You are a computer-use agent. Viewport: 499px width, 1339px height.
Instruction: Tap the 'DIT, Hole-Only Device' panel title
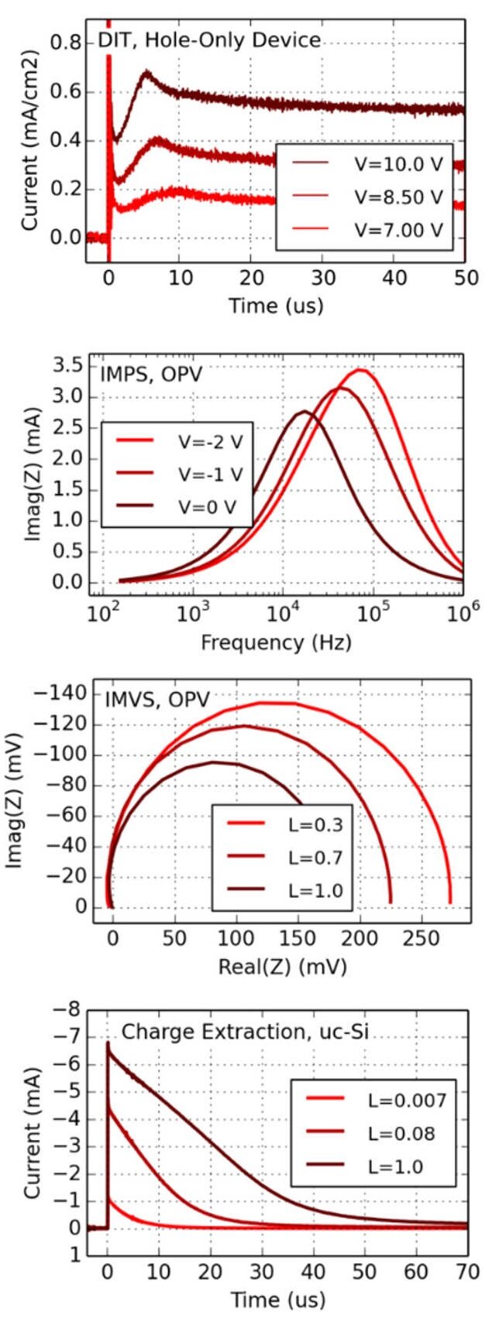(209, 39)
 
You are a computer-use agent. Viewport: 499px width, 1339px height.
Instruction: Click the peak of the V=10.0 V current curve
(145, 73)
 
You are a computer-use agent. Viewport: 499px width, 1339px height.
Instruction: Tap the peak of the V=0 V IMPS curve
(305, 411)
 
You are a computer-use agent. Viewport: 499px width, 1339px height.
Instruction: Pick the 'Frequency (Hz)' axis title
(276, 642)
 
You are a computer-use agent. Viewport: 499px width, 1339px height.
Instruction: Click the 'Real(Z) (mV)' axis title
(282, 967)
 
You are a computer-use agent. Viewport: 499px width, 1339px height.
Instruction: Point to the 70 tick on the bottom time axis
(466, 1272)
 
